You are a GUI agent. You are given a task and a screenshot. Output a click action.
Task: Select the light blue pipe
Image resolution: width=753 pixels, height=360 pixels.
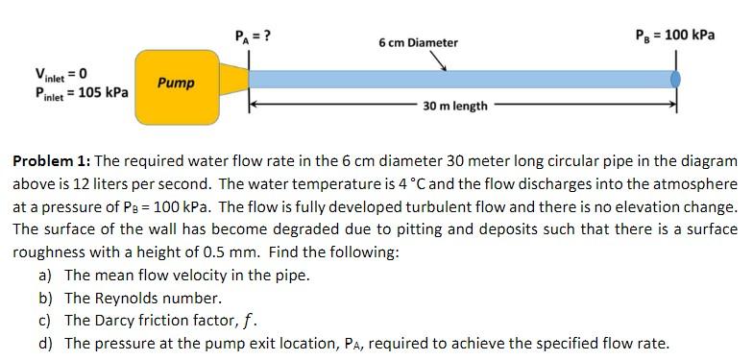click(461, 78)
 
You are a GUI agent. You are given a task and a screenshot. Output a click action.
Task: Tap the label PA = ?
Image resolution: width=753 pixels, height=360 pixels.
click(253, 36)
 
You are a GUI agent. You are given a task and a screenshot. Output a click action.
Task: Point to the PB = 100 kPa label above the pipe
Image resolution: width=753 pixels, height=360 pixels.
click(675, 36)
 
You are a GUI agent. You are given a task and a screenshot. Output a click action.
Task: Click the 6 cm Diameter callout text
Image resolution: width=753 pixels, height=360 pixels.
click(418, 42)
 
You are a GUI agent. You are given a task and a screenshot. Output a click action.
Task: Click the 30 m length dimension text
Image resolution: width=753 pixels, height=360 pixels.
click(454, 106)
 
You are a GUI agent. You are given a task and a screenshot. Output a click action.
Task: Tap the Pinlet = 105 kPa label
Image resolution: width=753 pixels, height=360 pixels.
click(81, 92)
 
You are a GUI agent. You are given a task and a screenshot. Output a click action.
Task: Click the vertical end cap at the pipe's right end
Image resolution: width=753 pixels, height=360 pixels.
click(678, 78)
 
